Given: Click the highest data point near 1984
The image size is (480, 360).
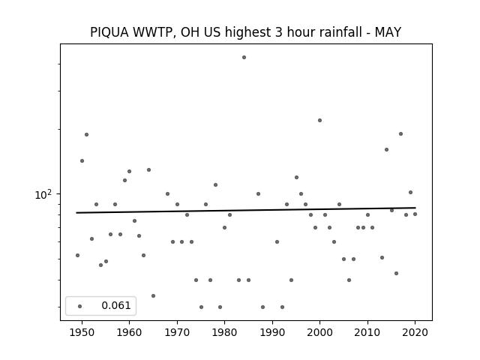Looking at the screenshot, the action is (244, 57).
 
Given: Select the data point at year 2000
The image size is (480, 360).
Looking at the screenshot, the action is (320, 120).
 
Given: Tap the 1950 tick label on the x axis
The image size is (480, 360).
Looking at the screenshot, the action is (82, 332).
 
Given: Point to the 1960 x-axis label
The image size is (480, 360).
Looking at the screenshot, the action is (129, 332).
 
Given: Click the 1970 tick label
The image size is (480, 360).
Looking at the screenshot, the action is (177, 332).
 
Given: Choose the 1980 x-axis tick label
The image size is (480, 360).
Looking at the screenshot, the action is (224, 332).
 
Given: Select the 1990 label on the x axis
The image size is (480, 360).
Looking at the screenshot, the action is (272, 332).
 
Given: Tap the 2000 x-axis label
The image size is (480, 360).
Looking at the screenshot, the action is (320, 332).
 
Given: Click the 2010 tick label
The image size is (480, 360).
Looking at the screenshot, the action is (367, 332).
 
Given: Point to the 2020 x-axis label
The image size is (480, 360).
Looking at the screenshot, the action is (415, 332).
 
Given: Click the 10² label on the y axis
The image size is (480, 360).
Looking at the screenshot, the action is (43, 194).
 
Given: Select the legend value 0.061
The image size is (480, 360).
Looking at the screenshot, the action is (116, 305).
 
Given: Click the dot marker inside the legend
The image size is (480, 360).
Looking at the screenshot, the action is (80, 306).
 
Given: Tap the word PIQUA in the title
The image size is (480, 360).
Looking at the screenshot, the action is (109, 32).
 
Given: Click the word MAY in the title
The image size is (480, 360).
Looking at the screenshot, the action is (388, 32).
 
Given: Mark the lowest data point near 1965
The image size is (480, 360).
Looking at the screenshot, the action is (153, 295).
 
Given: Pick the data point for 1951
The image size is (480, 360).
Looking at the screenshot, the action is (87, 134).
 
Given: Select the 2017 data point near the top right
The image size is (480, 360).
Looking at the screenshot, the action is (400, 133).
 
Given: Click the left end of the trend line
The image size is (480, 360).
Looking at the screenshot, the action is (76, 213).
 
